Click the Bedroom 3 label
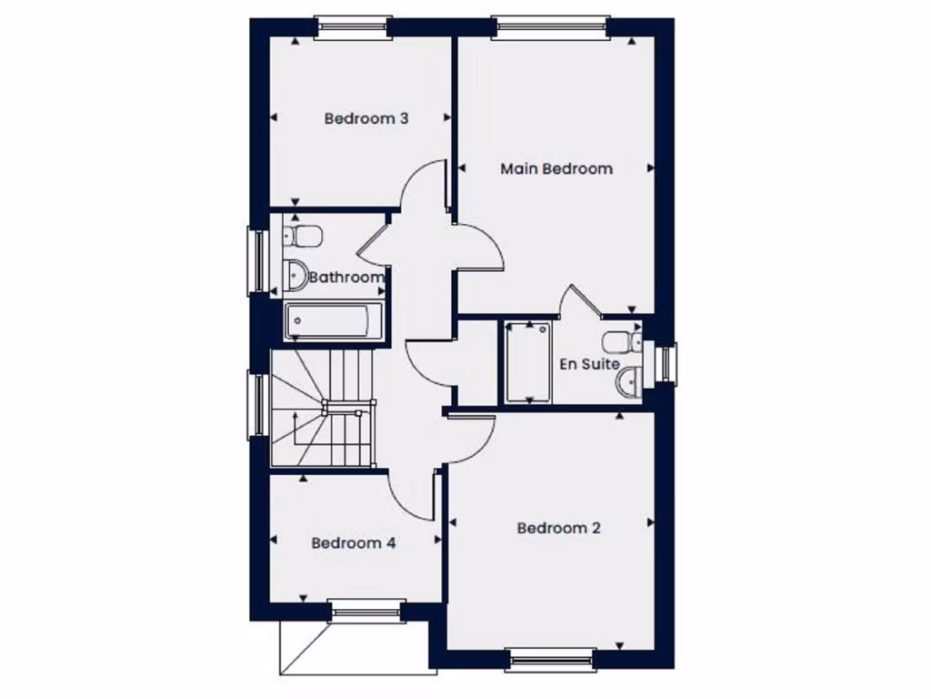click(366, 118)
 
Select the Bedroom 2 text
click(559, 528)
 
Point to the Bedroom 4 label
click(353, 543)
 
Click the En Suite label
click(589, 364)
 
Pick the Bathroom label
click(346, 278)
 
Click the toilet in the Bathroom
click(303, 236)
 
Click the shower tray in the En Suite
click(527, 360)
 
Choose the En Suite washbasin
click(627, 381)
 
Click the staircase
click(324, 409)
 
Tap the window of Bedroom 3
click(353, 28)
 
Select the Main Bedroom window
click(551, 28)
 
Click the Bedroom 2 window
click(552, 658)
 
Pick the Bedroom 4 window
click(367, 611)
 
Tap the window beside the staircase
click(258, 405)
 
